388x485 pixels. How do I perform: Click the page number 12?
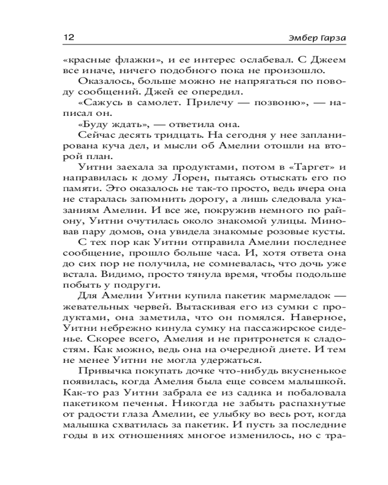pyautogui.click(x=67, y=37)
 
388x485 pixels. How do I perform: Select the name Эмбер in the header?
pyautogui.click(x=279, y=38)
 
